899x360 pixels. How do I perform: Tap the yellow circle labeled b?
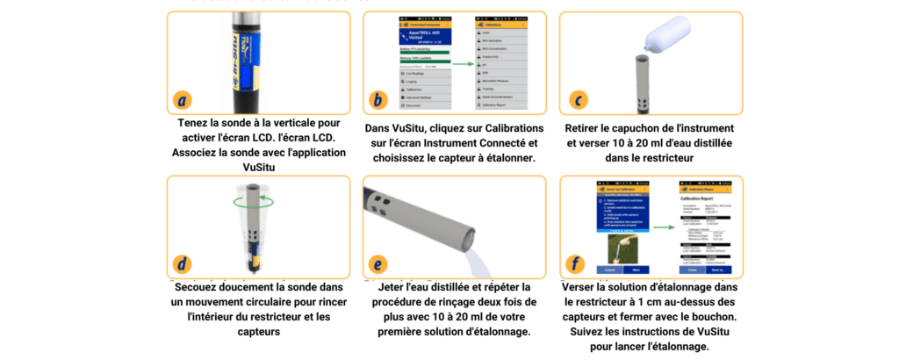click(x=378, y=99)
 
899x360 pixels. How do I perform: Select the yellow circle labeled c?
click(x=577, y=99)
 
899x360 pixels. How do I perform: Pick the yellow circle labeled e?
click(x=378, y=263)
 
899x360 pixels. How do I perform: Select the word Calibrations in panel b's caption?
click(x=500, y=128)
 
